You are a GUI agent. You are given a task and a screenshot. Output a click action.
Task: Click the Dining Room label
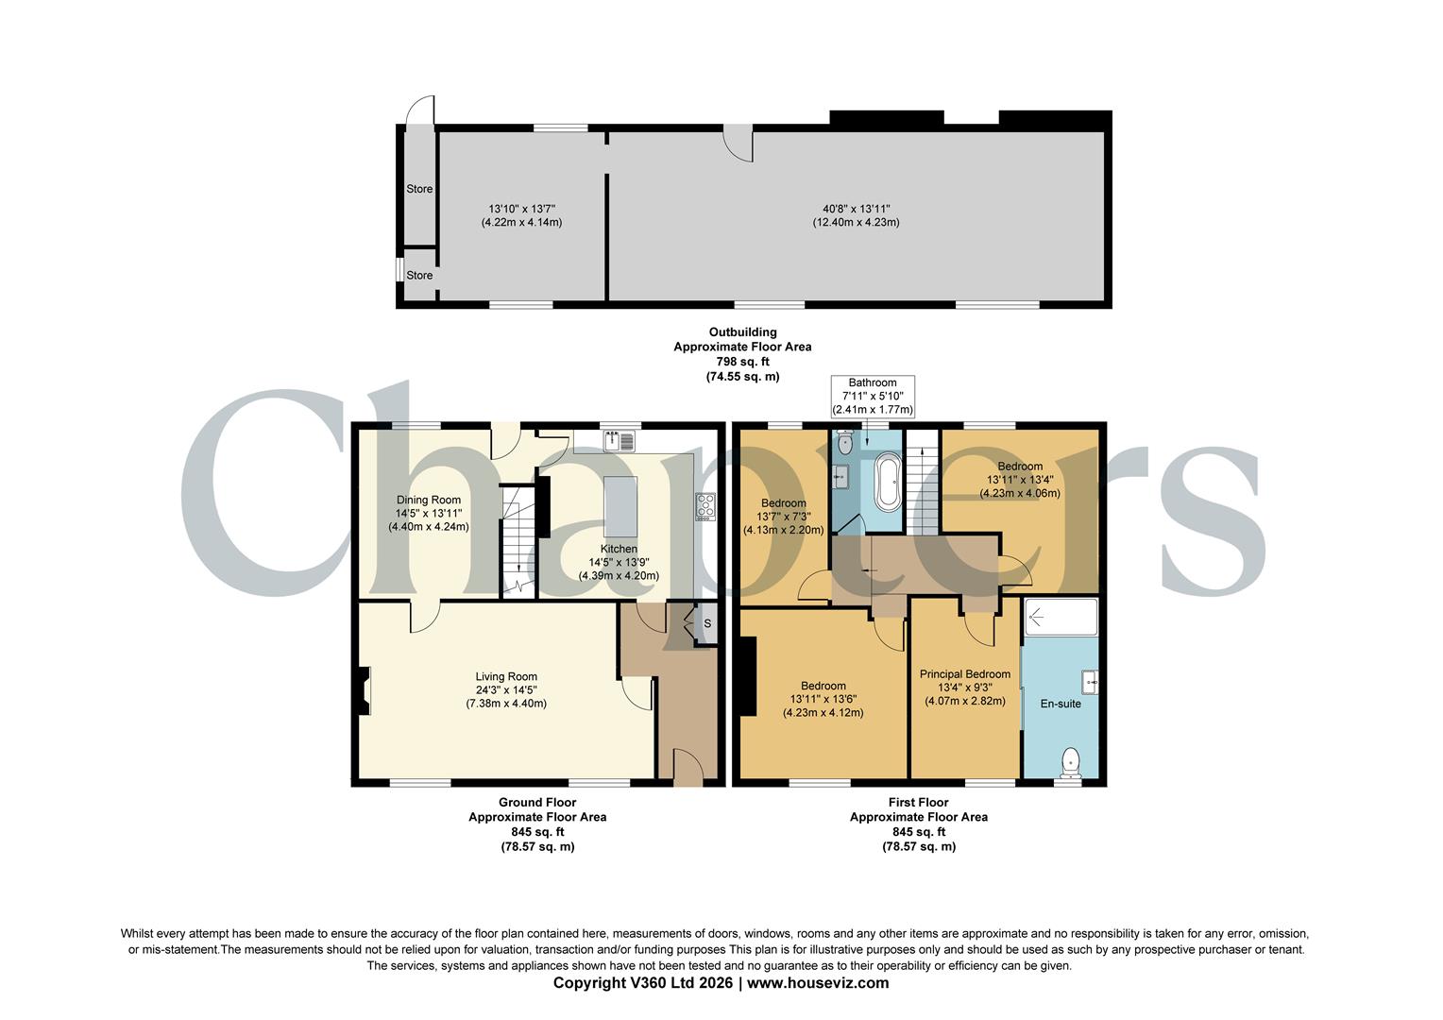tap(429, 500)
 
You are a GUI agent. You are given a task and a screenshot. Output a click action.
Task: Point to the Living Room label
tap(506, 676)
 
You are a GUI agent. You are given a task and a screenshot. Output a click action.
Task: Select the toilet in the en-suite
tap(1070, 762)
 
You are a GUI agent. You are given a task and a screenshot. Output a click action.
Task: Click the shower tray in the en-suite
tap(1061, 618)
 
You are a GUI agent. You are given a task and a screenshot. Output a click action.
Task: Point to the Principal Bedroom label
tap(965, 674)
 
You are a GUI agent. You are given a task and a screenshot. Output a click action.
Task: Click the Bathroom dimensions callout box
tap(872, 397)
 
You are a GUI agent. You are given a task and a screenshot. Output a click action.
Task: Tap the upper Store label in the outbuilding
tap(419, 189)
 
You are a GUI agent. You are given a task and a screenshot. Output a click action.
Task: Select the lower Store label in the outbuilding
tap(419, 276)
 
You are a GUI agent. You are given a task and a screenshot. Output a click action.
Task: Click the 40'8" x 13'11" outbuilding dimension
tap(856, 209)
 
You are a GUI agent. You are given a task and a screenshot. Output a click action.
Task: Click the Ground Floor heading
tap(537, 802)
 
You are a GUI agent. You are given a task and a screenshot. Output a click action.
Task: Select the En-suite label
tap(1061, 704)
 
